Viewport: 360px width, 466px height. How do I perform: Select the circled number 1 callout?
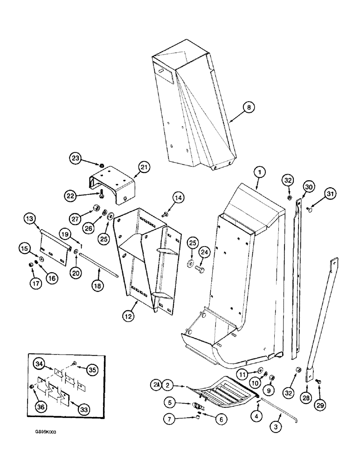pos(259,172)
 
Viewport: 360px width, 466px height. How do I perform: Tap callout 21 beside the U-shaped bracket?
pos(144,167)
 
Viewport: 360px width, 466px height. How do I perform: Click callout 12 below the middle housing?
pos(129,316)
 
